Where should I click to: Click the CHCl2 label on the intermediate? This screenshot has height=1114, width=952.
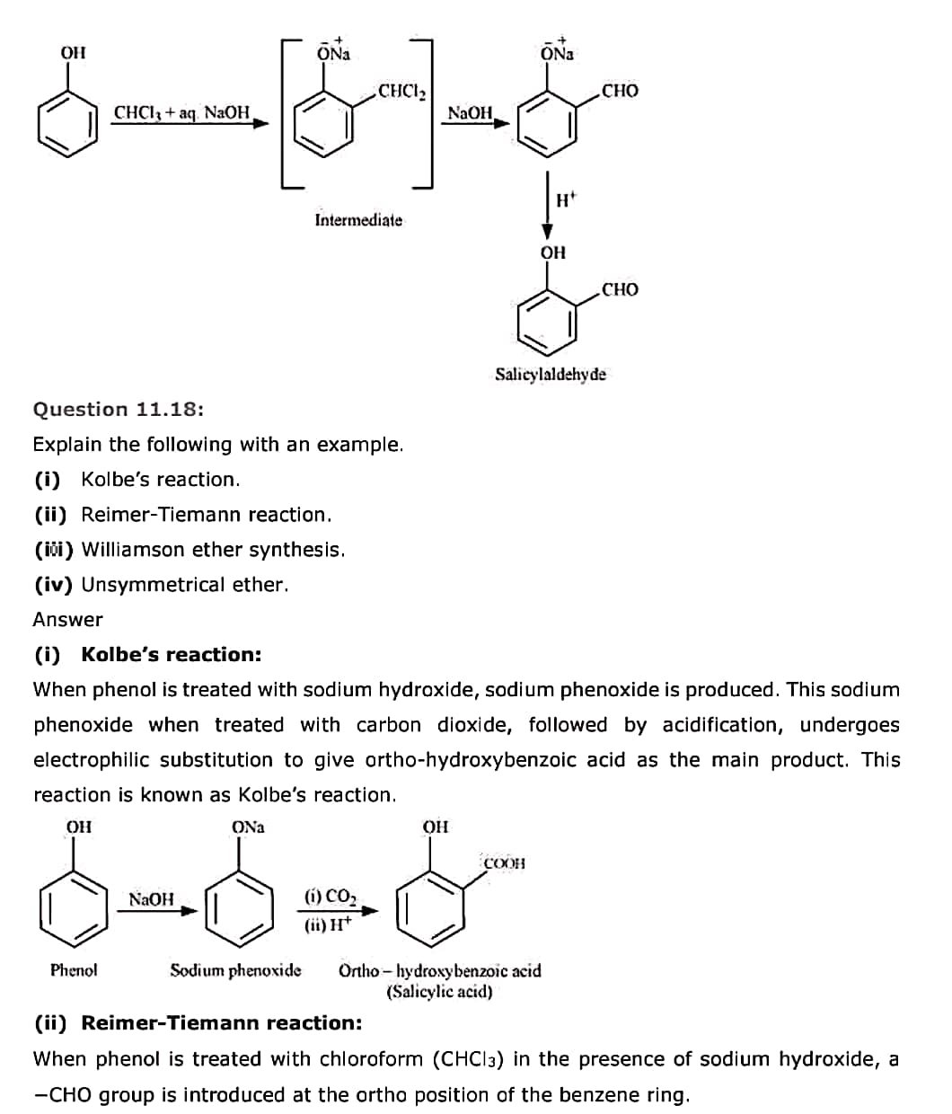[x=401, y=92]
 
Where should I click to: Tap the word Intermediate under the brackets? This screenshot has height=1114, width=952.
[x=358, y=220]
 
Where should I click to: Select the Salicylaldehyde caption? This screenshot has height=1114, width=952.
[x=550, y=374]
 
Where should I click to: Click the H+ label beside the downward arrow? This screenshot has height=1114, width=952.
[x=565, y=200]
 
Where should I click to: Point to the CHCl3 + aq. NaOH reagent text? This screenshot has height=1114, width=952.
[x=181, y=112]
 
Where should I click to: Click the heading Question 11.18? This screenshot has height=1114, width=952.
[x=119, y=410]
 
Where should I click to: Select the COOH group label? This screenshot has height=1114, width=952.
[x=504, y=863]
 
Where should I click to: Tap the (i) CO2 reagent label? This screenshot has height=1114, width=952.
[x=331, y=897]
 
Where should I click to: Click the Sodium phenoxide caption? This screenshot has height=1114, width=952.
[x=235, y=970]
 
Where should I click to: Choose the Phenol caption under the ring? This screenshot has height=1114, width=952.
[x=74, y=970]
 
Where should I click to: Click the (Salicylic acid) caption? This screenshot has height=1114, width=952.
[x=439, y=992]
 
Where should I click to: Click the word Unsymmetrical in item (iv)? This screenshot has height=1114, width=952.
[x=153, y=585]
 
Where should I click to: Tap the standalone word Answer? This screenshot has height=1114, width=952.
[x=68, y=620]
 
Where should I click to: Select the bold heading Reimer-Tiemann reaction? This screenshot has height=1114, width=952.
[x=222, y=1023]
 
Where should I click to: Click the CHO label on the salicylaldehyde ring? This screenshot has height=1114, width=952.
[x=620, y=290]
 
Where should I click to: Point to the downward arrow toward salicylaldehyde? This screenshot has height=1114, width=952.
[x=547, y=206]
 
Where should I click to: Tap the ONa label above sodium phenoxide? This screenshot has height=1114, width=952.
[x=248, y=827]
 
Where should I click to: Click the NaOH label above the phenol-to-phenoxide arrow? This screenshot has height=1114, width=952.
[x=152, y=899]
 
